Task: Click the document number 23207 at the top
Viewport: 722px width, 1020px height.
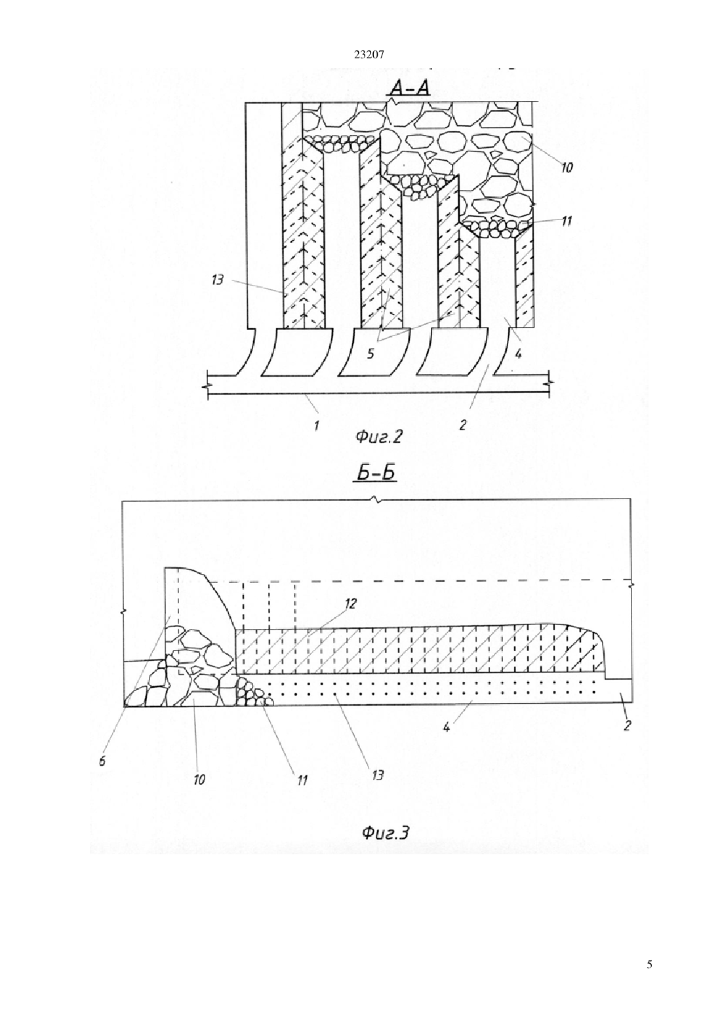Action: pyautogui.click(x=369, y=55)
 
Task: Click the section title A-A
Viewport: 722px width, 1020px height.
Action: pyautogui.click(x=408, y=88)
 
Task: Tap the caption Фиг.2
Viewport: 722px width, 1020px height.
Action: pyautogui.click(x=379, y=438)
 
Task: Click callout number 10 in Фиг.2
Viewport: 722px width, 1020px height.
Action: pyautogui.click(x=566, y=168)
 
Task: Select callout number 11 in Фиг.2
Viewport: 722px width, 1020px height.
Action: pyautogui.click(x=567, y=221)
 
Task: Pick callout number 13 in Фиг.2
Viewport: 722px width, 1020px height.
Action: pyautogui.click(x=218, y=280)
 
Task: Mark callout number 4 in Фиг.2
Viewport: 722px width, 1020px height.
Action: pyautogui.click(x=518, y=353)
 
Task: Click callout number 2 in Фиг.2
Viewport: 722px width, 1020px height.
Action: pyautogui.click(x=463, y=425)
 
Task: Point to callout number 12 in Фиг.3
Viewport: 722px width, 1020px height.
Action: pyautogui.click(x=351, y=604)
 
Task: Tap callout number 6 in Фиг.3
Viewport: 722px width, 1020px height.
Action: pyautogui.click(x=102, y=761)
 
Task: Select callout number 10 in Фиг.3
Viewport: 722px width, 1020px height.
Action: pyautogui.click(x=199, y=780)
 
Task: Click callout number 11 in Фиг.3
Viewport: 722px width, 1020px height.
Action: pyautogui.click(x=301, y=780)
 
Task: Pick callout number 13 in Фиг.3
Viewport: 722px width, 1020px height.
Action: pyautogui.click(x=378, y=774)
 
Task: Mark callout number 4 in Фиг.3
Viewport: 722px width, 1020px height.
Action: pyautogui.click(x=447, y=728)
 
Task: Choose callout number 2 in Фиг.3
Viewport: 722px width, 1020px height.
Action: pyautogui.click(x=627, y=725)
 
